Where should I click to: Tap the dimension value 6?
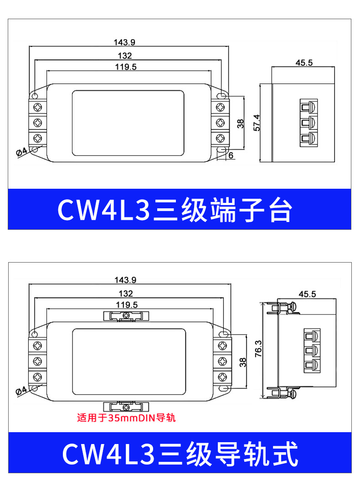click(231, 155)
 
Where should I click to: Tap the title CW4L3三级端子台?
click(175, 210)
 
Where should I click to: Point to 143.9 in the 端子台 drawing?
click(124, 42)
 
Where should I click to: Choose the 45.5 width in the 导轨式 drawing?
click(307, 294)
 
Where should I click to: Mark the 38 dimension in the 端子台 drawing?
click(241, 123)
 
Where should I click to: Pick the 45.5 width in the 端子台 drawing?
click(304, 63)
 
